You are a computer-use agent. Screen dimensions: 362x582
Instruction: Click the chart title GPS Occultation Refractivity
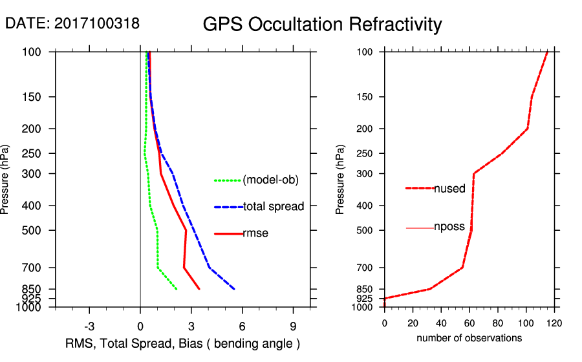322,25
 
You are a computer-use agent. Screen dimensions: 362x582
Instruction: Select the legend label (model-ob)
271,180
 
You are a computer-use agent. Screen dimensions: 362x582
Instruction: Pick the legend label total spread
274,207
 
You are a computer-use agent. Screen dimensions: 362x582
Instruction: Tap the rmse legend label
255,233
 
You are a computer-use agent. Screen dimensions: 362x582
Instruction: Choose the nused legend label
449,189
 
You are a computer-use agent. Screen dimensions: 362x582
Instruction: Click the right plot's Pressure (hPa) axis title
340,180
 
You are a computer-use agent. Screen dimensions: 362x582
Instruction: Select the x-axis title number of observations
469,338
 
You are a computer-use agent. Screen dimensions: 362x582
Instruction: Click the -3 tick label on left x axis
90,326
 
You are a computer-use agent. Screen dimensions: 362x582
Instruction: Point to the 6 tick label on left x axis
242,326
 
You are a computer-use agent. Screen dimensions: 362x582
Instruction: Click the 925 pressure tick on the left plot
32,299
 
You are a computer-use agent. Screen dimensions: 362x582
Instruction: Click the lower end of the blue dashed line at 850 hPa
234,289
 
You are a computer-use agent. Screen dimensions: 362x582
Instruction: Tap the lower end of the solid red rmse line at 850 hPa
199,289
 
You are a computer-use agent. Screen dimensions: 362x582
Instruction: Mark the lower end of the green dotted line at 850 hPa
177,289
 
